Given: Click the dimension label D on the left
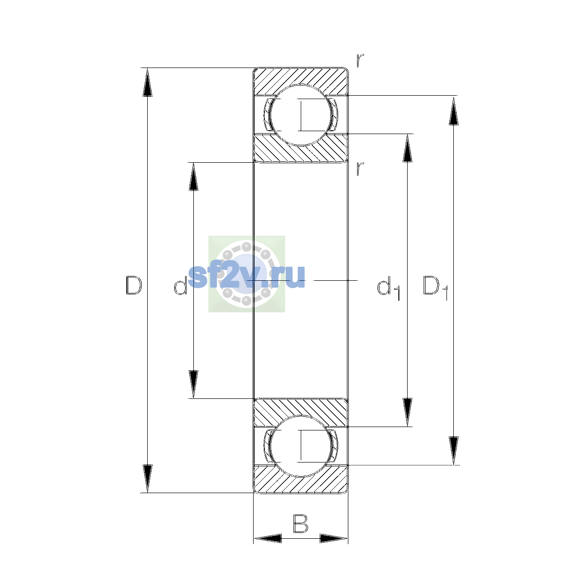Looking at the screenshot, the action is point(134,285).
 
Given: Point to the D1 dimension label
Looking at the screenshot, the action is point(435,288).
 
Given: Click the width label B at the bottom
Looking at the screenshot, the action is point(300,523).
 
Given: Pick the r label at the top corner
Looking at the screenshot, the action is point(360,60).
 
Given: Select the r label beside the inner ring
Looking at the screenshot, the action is point(360,169).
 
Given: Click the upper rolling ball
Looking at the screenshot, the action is point(301,115).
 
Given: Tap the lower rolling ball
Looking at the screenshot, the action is point(301,446).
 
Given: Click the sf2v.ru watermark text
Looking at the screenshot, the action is point(246,276).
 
